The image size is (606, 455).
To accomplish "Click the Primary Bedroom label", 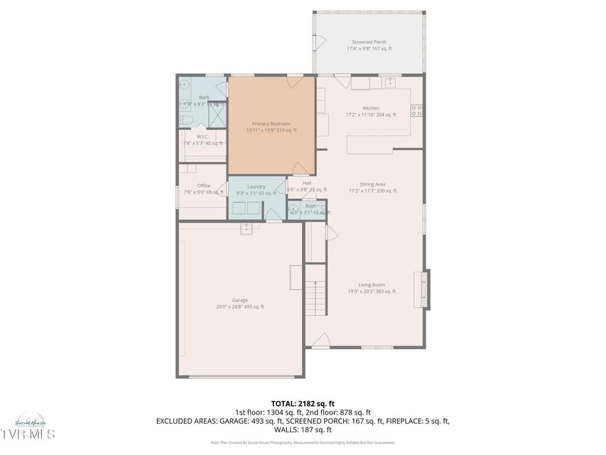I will [x=271, y=124].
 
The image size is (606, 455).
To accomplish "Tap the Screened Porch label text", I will [x=369, y=42].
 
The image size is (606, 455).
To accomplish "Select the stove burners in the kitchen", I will [x=417, y=110].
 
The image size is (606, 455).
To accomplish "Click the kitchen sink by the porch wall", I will [x=389, y=83].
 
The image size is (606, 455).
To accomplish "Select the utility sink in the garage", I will [x=247, y=228].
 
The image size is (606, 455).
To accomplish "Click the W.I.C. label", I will [x=202, y=136].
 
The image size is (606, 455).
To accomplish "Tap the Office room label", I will [x=203, y=186].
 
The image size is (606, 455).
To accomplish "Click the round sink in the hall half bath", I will [x=294, y=211].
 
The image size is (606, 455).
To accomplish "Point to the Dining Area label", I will [x=372, y=184].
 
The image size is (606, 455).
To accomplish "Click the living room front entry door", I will [x=320, y=341].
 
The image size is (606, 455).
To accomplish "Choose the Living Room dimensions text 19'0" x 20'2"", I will [x=372, y=291].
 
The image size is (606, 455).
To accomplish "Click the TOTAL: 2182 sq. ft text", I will [x=303, y=402].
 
